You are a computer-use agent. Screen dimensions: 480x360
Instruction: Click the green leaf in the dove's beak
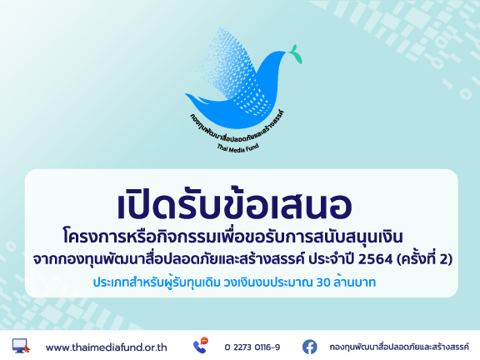pos(296,54)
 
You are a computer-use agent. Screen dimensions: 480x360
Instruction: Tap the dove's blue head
pos(276,58)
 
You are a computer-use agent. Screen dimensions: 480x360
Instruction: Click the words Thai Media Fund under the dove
pos(238,147)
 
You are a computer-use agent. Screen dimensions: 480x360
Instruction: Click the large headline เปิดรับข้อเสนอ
pos(235,203)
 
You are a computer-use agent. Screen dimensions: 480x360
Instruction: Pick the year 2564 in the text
pos(375,259)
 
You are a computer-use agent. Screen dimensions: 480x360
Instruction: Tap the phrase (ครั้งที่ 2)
pos(425,258)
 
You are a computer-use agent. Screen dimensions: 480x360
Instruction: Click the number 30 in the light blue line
pos(323,282)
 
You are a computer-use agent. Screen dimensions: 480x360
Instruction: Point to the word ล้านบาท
pos(354,282)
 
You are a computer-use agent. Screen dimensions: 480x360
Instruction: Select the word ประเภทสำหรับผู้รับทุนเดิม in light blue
pos(157,282)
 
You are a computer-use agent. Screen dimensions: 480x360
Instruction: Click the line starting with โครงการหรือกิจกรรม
pos(232,237)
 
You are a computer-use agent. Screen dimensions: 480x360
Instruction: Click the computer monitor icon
pos(21,346)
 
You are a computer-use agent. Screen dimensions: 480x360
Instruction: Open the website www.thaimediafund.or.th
pos(106,347)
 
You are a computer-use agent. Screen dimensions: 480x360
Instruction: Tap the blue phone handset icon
pos(199,347)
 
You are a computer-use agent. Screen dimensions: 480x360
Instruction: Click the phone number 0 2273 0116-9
pos(252,347)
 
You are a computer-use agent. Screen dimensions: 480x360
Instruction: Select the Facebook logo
pos(310,347)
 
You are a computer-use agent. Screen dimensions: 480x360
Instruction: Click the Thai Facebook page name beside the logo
pos(399,347)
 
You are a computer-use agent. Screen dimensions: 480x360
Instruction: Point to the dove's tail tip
pos(186,94)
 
